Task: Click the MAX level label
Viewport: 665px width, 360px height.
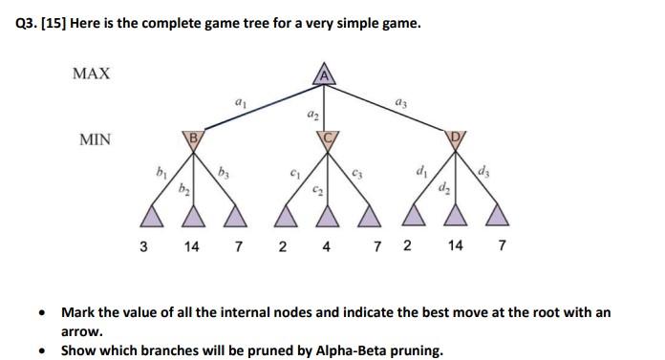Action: coord(92,74)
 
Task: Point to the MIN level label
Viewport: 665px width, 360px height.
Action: coord(95,140)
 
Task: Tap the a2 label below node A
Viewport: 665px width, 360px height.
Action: coord(311,115)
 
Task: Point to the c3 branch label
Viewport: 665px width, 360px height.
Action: coord(356,175)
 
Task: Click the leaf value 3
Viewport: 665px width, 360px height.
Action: coord(143,245)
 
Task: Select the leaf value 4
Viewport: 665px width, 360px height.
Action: coord(327,245)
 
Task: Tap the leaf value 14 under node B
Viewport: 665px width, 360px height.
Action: coord(191,245)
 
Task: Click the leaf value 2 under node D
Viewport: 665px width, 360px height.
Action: coord(408,245)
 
